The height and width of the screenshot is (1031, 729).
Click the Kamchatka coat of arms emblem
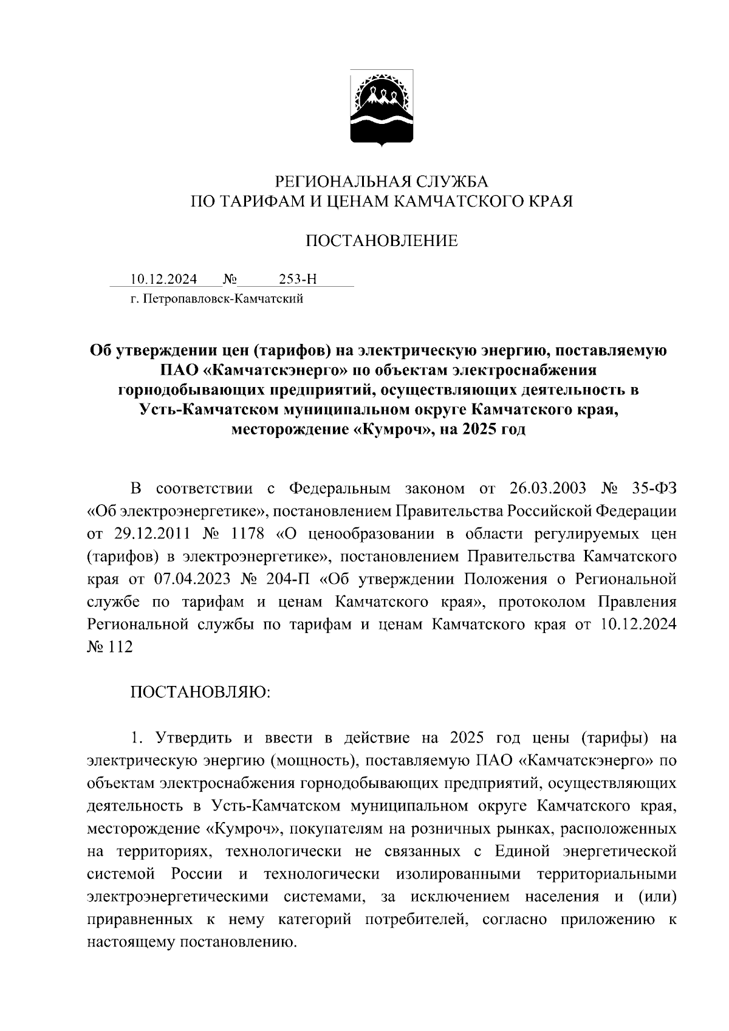coord(382,108)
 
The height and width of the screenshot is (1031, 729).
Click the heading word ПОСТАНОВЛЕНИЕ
coord(381,241)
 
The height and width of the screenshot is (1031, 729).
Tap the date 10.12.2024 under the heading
coord(163,279)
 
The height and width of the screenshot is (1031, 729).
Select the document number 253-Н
coord(298,279)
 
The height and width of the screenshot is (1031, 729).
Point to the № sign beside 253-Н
coord(230,279)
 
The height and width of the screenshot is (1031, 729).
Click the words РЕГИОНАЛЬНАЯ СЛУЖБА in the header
coord(382,182)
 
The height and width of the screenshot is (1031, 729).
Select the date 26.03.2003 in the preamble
coord(548,488)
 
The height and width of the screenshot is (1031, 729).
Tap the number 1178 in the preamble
coord(248,534)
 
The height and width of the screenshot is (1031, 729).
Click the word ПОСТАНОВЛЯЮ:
coord(200,693)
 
